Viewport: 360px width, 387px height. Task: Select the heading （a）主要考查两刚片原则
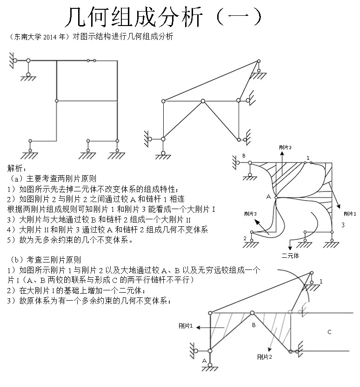click(x=53, y=178)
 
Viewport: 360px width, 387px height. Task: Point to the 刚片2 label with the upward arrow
click(x=285, y=147)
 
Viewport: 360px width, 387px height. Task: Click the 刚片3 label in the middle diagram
click(x=250, y=214)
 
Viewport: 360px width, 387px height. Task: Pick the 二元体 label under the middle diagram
click(x=290, y=255)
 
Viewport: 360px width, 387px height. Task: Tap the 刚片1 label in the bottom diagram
click(x=186, y=327)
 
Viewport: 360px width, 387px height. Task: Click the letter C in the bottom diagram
click(x=329, y=332)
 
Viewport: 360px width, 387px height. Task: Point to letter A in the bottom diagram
click(x=204, y=361)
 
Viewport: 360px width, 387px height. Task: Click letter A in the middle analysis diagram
click(x=268, y=197)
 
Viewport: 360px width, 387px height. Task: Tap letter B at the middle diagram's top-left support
click(x=244, y=156)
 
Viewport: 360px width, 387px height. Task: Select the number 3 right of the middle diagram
click(x=342, y=225)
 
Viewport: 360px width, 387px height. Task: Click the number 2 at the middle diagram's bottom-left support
click(x=245, y=238)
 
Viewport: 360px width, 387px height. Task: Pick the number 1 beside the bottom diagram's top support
click(x=320, y=281)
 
